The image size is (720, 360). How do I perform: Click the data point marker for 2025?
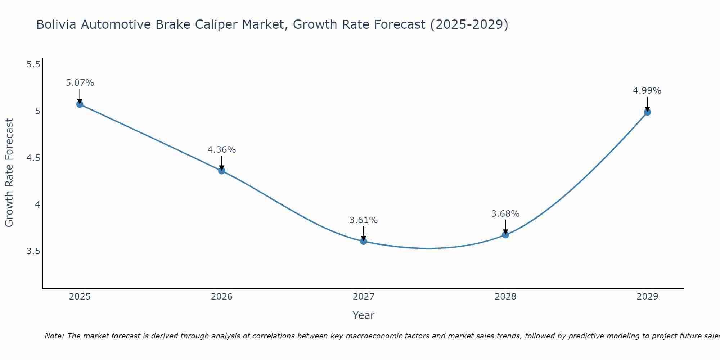[x=80, y=104]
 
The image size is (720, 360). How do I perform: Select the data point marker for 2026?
[x=222, y=171]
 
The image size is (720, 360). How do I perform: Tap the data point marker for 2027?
[x=364, y=241]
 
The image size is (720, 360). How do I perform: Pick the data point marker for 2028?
[x=505, y=235]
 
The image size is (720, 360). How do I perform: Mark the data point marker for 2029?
[x=647, y=112]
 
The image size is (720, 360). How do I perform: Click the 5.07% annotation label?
[x=80, y=83]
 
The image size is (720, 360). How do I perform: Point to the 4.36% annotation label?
[x=222, y=149]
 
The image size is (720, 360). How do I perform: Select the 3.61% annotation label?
[x=364, y=220]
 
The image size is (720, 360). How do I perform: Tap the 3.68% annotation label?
[x=505, y=213]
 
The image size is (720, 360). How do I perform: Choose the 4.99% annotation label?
[x=647, y=91]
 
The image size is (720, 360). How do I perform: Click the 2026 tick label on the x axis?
[x=222, y=297]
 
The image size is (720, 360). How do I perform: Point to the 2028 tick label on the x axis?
[x=505, y=297]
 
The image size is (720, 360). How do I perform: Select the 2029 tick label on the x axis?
[x=647, y=297]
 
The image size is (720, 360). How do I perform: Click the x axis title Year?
[x=364, y=315]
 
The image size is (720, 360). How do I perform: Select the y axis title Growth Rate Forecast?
[x=9, y=173]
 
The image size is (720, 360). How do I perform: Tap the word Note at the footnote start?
[x=54, y=336]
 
